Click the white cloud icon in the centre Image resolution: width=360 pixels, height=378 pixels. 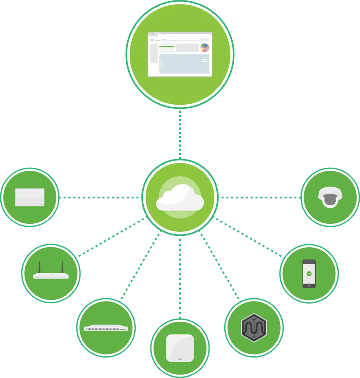[x=180, y=198]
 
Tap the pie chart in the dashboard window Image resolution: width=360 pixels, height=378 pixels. [x=205, y=48]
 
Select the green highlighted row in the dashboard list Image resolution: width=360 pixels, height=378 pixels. [x=167, y=46]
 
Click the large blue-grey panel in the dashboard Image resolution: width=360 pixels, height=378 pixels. [x=184, y=64]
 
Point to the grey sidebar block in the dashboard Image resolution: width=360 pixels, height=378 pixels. [x=154, y=53]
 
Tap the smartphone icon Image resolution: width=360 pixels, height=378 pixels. [x=309, y=273]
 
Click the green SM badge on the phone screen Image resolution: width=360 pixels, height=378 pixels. [x=309, y=273]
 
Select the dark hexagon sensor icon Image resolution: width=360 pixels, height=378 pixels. [x=254, y=327]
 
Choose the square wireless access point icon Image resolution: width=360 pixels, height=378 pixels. [x=180, y=348]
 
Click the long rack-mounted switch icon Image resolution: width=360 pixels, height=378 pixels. [x=106, y=328]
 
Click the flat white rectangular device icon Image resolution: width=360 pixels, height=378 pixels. [x=29, y=197]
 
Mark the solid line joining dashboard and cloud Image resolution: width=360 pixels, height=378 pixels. [x=180, y=134]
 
